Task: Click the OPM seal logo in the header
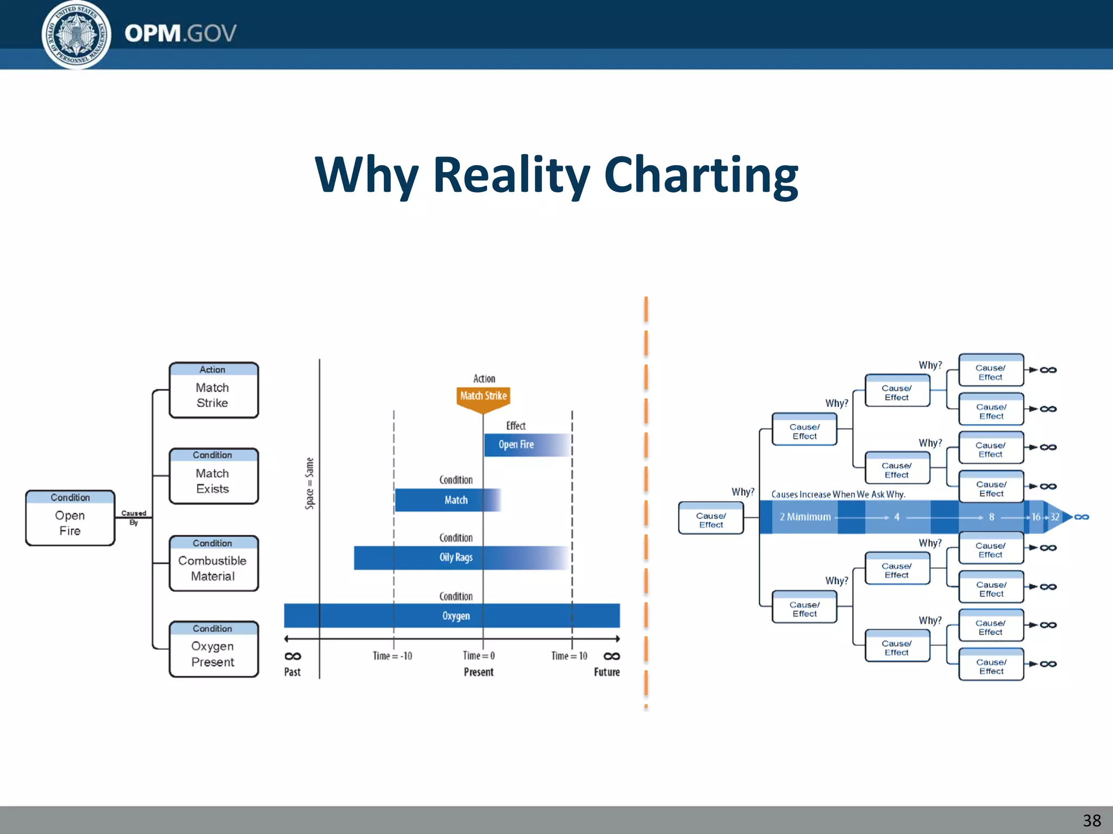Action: point(77,35)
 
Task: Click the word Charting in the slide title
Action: point(701,175)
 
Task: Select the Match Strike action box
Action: point(214,390)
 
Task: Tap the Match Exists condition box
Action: point(214,476)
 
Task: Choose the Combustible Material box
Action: point(214,564)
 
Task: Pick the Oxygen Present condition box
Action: point(214,649)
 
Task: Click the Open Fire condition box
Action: point(70,518)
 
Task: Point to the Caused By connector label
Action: point(134,517)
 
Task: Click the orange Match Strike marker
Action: point(483,397)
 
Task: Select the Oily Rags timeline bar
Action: point(456,558)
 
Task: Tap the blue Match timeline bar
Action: point(447,500)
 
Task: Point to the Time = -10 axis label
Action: point(392,656)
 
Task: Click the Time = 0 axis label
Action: point(479,656)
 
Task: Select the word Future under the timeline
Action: point(606,672)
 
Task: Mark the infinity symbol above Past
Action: point(293,656)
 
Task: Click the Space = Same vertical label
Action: point(310,483)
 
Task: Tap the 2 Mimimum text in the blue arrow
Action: point(805,517)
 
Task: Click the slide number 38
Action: point(1091,820)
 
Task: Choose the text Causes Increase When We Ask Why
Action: point(838,494)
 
